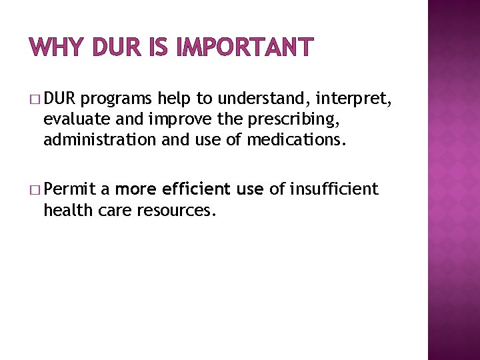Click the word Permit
70,190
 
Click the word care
112,210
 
